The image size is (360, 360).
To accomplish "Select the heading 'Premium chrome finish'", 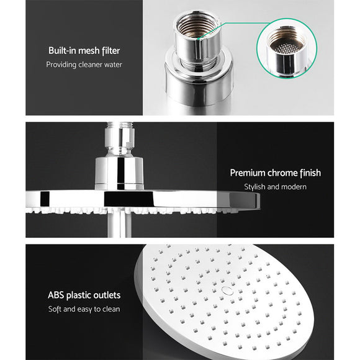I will coord(275,173).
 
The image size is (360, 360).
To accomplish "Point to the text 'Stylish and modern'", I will coord(275,187).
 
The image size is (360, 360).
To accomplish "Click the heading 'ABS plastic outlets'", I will coord(84,295).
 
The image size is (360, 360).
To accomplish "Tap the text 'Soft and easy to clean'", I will coord(84,308).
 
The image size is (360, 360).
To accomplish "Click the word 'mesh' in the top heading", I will coord(94,51).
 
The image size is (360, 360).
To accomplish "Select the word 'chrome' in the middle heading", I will coord(281,173).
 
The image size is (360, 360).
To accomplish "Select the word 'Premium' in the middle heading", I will coord(248,173).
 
